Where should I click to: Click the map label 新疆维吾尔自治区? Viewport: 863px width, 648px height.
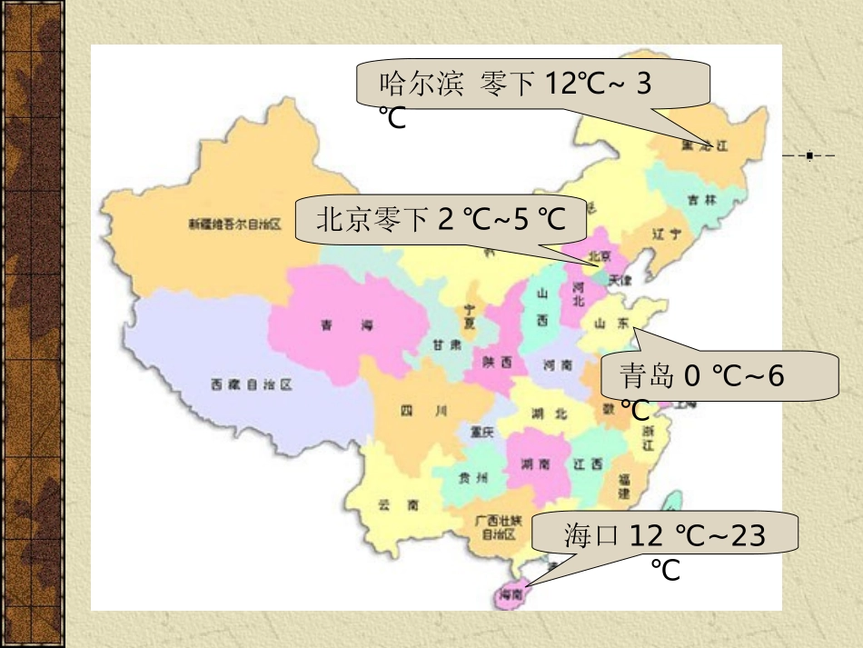coord(235,224)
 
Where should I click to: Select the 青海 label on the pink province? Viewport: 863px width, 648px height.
coord(347,325)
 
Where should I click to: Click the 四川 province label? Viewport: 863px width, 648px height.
coord(424,411)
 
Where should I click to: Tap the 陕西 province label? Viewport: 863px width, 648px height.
coord(498,362)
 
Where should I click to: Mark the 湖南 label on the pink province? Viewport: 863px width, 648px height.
coord(535,464)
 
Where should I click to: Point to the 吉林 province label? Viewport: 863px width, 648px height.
coord(702,200)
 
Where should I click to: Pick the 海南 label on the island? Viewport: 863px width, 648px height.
coord(509,594)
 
